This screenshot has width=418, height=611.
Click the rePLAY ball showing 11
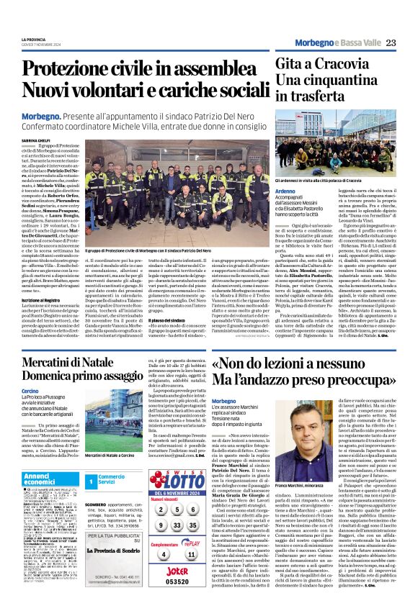pos(190,554)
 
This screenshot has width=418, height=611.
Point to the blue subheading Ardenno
pos(288,191)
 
